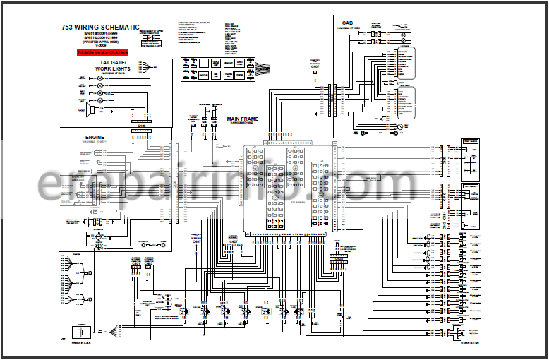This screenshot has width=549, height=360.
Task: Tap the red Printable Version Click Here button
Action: coord(103,52)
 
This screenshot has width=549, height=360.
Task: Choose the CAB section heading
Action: coord(347,23)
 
